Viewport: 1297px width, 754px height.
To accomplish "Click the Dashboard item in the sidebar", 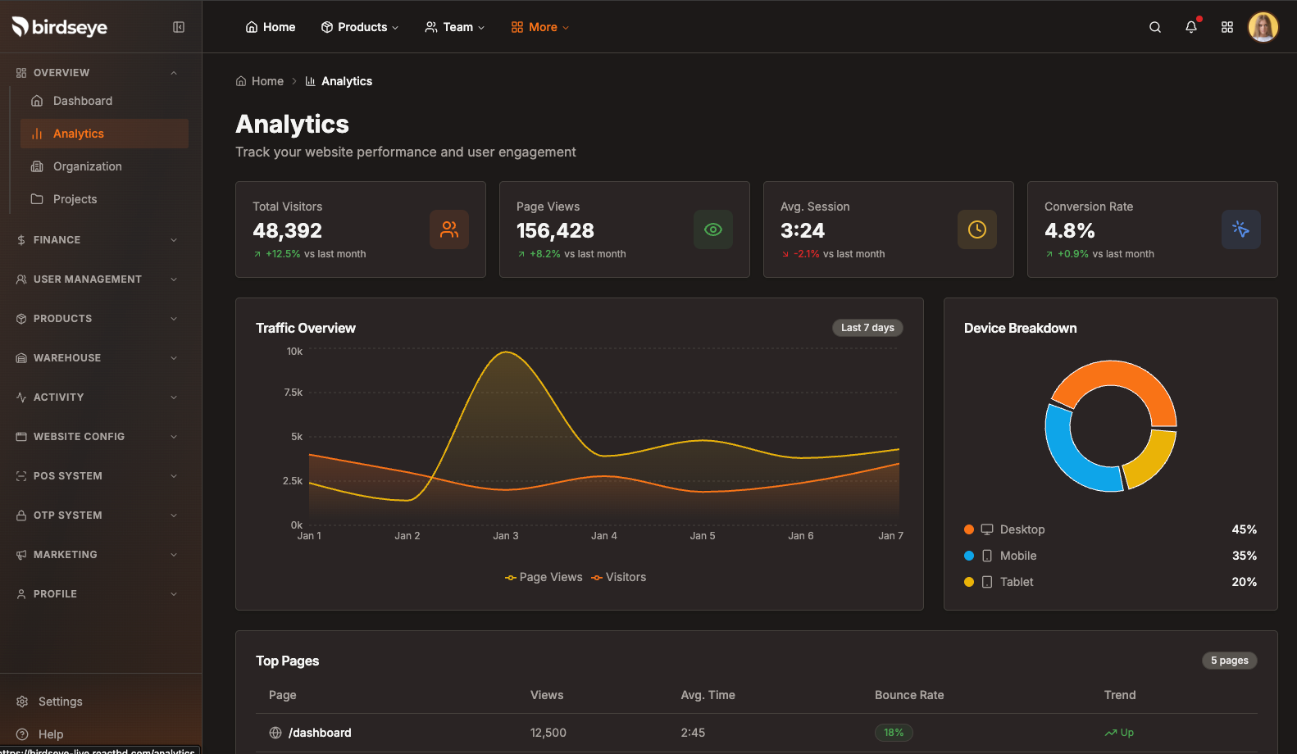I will (82, 101).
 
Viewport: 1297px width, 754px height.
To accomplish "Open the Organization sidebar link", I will (87, 166).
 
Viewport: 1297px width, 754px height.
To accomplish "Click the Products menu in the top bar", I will (360, 27).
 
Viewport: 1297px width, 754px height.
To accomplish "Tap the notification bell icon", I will (1190, 27).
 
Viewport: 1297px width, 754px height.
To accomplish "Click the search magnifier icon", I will (1154, 27).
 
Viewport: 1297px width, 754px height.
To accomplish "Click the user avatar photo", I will (1263, 27).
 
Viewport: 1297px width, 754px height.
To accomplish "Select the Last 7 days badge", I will (867, 328).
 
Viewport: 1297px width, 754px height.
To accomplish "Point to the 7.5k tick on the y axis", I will (294, 393).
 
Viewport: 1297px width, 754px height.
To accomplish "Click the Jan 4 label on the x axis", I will (604, 536).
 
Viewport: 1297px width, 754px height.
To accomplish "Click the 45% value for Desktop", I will (1244, 529).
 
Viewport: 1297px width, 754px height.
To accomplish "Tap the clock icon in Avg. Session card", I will (976, 229).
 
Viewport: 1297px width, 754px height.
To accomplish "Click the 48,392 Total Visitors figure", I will (287, 231).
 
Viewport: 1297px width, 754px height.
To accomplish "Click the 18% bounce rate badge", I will (893, 733).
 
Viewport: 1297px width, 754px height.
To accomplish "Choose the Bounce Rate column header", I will (908, 695).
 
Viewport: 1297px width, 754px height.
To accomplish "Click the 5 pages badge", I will (1229, 661).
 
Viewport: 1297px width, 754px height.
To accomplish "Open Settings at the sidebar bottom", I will (60, 702).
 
